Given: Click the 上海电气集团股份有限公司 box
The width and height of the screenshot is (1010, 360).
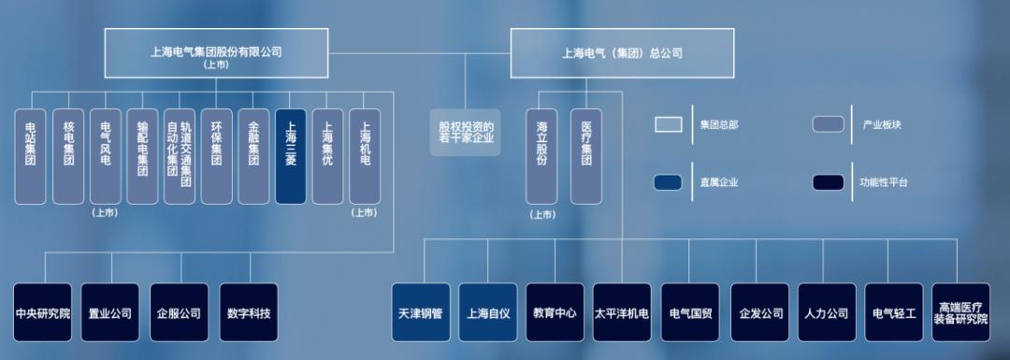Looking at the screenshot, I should click(x=216, y=52).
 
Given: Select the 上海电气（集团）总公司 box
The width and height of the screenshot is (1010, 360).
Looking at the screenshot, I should click(x=622, y=52).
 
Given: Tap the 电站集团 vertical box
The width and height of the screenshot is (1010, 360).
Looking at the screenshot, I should click(x=31, y=156).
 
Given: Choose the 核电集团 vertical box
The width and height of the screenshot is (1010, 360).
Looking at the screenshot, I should click(x=68, y=156).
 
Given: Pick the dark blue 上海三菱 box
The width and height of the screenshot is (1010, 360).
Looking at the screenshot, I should click(x=291, y=156).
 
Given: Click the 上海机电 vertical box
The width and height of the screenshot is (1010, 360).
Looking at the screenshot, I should click(x=365, y=156).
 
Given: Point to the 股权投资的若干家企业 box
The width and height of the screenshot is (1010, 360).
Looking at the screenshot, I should click(x=466, y=131).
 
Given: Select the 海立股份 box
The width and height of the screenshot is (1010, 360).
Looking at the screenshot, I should click(x=541, y=156).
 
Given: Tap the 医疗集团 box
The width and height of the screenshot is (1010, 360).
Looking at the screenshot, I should click(x=586, y=156).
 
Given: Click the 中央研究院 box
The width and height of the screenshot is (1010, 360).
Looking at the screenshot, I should click(x=43, y=312).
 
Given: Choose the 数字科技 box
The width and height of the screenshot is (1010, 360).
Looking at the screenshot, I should click(x=249, y=312).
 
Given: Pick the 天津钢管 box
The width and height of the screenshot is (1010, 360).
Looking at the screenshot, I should click(x=421, y=312).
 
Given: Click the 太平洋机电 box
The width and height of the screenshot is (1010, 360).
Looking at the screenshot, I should click(x=622, y=312).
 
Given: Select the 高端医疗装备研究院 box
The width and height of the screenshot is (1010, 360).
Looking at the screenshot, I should click(x=960, y=312).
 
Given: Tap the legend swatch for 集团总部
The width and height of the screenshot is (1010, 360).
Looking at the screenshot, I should click(x=669, y=124).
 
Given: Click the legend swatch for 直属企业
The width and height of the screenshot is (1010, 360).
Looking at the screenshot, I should click(x=669, y=182).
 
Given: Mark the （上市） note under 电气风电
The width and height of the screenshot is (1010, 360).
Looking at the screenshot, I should click(x=105, y=213).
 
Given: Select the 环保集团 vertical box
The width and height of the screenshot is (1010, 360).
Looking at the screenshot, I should click(x=217, y=156).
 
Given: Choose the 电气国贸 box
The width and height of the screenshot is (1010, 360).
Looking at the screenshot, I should click(x=690, y=312).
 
